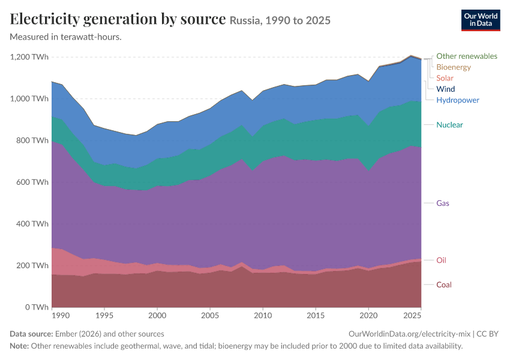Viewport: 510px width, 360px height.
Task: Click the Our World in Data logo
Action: (x=481, y=20)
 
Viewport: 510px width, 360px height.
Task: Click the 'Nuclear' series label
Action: (x=449, y=125)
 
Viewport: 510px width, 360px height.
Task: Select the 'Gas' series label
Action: (x=442, y=203)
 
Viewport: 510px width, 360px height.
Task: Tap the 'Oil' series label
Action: (x=441, y=260)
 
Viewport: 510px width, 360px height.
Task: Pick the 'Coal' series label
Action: (x=443, y=285)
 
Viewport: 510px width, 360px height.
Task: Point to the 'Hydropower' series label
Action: (x=458, y=100)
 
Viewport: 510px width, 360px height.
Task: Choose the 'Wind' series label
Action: (x=445, y=89)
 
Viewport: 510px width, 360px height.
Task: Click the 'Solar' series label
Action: (x=445, y=78)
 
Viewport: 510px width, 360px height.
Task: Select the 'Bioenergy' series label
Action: (x=454, y=67)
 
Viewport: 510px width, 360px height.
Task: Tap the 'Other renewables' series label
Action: (x=466, y=56)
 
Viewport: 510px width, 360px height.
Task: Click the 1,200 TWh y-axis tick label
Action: (x=29, y=57)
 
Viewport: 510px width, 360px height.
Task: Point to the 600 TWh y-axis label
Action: (x=32, y=182)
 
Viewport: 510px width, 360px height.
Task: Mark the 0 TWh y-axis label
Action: (x=37, y=307)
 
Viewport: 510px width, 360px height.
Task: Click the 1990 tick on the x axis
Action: (x=61, y=316)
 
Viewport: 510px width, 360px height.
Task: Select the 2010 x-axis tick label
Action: (x=263, y=316)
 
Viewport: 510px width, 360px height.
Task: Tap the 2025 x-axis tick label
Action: (x=412, y=316)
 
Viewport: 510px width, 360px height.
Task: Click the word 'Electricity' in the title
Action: (x=44, y=19)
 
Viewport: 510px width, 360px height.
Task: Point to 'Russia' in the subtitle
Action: (x=245, y=20)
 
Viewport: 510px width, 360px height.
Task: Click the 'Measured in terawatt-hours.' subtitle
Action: (x=66, y=37)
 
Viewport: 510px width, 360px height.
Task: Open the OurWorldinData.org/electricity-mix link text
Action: (x=409, y=334)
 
